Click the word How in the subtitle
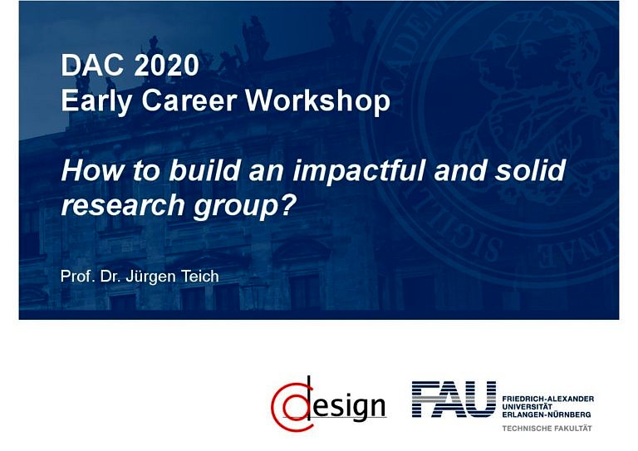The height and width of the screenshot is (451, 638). coord(87,170)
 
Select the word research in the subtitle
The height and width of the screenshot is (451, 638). coord(116,203)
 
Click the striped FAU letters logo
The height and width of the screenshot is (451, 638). coord(454,399)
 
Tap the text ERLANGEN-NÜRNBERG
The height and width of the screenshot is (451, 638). coord(547,414)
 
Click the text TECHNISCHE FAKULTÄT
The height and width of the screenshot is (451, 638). coord(546,428)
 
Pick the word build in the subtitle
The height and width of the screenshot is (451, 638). coord(198,170)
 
